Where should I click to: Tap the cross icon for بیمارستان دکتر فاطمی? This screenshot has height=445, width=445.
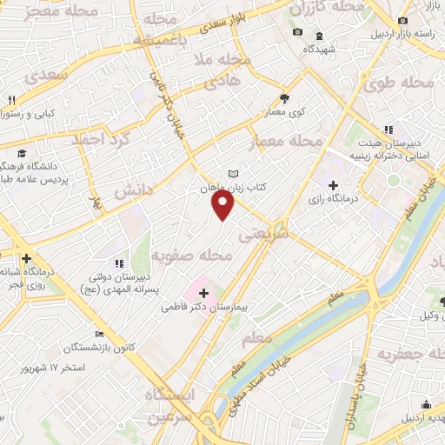(x=203, y=295)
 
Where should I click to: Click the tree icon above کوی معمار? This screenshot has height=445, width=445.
(x=284, y=97)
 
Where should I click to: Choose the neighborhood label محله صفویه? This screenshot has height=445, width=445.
(x=191, y=256)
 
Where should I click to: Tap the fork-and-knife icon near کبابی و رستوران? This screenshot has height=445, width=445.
(x=11, y=100)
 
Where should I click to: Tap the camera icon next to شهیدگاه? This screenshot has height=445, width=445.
(x=298, y=32)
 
